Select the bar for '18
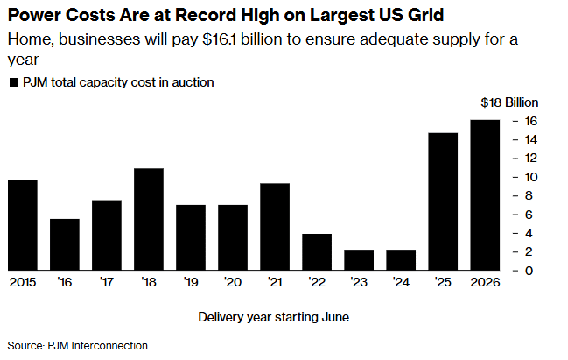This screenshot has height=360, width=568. point(149,219)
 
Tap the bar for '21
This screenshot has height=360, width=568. point(275,227)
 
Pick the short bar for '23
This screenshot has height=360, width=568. point(359,260)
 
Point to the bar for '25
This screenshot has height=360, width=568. point(443,201)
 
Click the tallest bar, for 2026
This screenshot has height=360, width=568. point(485,195)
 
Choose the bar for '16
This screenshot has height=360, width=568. point(65,244)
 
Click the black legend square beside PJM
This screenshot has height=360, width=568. point(13,83)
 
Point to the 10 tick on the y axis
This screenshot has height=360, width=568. point(529,177)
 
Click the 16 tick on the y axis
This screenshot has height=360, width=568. point(529,121)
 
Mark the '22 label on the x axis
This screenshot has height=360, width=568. point(317,282)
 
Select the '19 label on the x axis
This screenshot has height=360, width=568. point(191,282)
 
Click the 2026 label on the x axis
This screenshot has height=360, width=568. point(485,282)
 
